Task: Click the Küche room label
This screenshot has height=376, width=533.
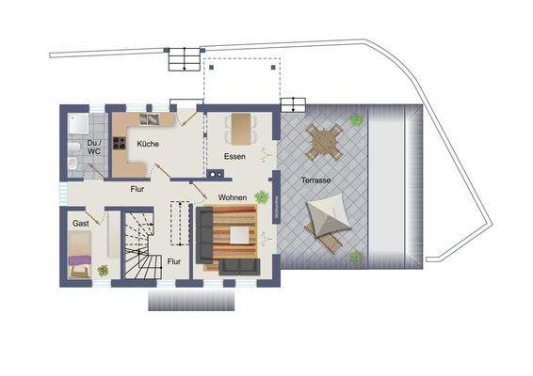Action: tap(147, 144)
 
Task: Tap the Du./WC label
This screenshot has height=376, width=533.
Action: tap(93, 148)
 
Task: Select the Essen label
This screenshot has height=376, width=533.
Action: tap(234, 156)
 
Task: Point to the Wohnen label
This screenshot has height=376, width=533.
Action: tap(233, 197)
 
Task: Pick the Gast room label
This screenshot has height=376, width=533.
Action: tap(80, 224)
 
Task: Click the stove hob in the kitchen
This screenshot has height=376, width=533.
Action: tap(120, 145)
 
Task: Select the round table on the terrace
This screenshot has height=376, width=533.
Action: tap(323, 142)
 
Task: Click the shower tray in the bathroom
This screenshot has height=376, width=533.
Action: tap(76, 123)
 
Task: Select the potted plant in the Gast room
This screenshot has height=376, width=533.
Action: tap(102, 270)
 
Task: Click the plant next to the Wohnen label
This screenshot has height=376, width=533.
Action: tap(261, 197)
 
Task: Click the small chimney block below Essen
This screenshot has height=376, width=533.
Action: tap(215, 174)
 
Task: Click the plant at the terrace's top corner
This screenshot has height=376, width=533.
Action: tap(356, 119)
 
